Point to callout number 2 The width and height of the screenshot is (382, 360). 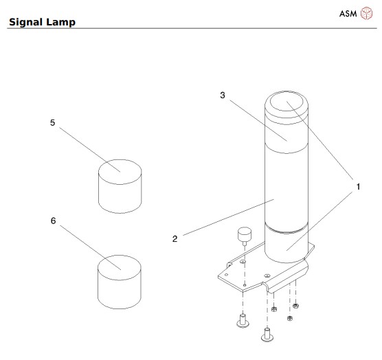[x=175, y=238]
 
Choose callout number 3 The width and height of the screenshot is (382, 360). [x=222, y=95]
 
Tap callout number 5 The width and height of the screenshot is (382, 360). [x=52, y=123]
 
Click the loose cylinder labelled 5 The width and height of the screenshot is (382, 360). [x=120, y=186]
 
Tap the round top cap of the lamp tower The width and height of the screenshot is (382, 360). [x=286, y=104]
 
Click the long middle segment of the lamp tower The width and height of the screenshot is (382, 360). [x=286, y=185]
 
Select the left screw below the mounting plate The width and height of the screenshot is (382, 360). [x=242, y=320]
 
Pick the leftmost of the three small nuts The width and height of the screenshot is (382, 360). [x=273, y=308]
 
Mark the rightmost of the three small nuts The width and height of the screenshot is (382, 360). [x=295, y=304]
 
